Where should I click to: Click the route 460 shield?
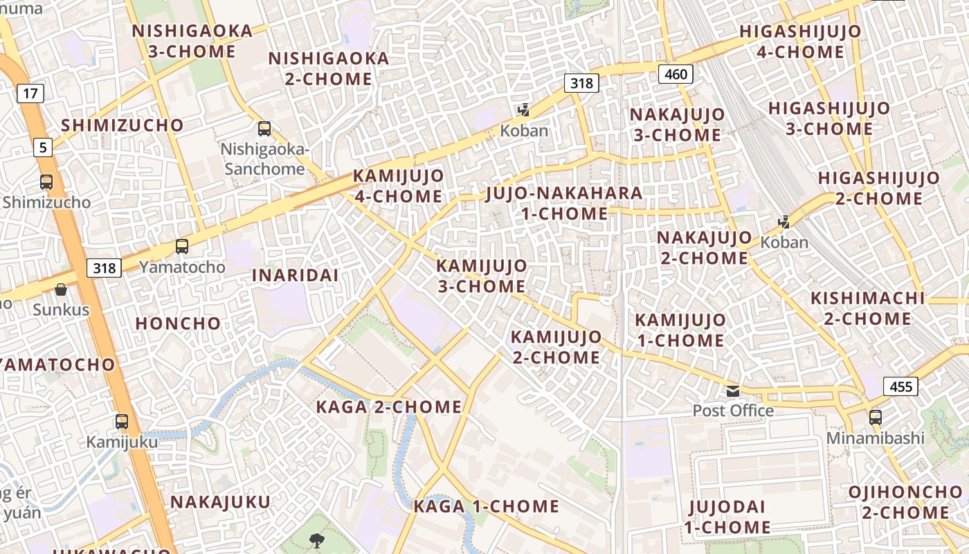676,74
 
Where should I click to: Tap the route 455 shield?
901,386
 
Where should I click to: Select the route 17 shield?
29,93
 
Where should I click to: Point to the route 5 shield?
44,147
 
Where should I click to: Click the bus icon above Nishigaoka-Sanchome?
264,128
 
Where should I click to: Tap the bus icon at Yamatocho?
182,246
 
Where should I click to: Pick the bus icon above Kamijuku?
122,421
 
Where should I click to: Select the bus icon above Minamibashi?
876,417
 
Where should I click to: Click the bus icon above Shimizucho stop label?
46,182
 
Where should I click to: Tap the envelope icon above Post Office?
733,391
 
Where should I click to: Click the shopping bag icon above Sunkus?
61,289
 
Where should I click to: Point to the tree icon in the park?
318,539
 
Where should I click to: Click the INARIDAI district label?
295,275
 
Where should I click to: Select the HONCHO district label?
178,323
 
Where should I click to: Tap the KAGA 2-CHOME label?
388,407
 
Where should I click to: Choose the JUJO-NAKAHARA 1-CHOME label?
564,203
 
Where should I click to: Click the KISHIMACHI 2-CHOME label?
868,308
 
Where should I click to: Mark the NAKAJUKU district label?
221,501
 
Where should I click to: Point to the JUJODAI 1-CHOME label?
727,517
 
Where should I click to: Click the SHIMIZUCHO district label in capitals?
123,125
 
